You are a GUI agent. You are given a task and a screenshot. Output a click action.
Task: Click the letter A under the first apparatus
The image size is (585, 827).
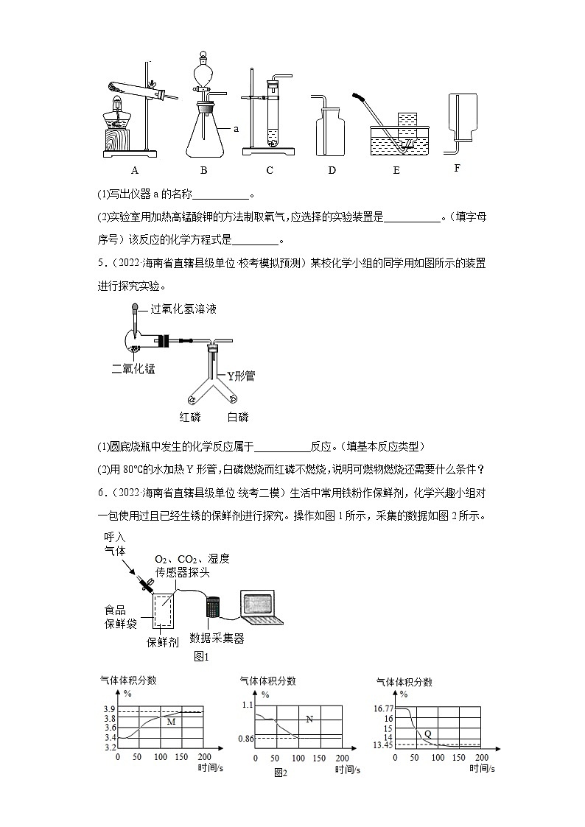coord(135,171)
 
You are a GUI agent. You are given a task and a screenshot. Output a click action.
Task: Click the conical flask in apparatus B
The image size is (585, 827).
coord(203,133)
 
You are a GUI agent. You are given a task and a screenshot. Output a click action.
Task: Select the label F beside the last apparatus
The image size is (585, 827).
coord(457,168)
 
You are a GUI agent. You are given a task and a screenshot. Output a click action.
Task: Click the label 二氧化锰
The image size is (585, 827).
coord(133,369)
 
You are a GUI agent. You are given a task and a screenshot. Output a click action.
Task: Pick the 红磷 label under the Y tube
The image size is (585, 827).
coord(190,418)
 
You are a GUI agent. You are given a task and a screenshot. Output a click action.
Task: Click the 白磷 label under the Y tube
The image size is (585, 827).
coord(237,418)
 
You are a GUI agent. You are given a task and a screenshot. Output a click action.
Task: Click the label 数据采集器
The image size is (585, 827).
coord(217,638)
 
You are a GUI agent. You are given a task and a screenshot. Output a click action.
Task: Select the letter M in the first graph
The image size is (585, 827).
coord(171,722)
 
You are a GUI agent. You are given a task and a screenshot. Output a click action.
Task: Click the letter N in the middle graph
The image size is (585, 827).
coord(309,719)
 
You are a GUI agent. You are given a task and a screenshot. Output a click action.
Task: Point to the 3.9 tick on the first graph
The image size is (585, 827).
coord(109,708)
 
